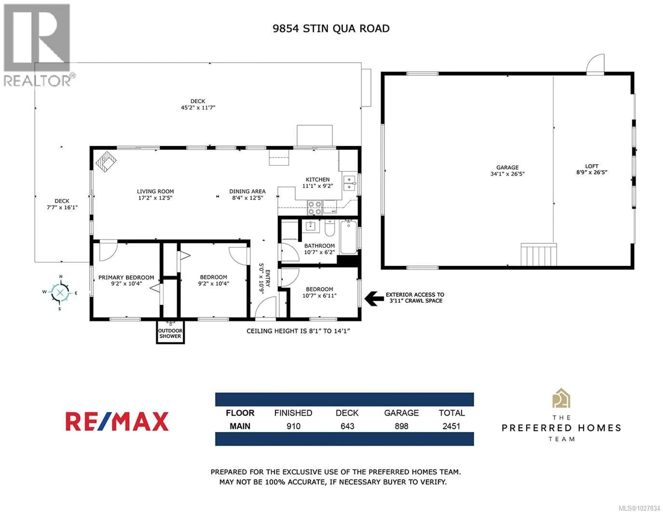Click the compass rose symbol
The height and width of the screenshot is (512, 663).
point(60,292)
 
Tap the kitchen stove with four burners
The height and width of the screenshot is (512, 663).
point(315,208)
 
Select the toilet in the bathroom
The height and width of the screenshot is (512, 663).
point(329,229)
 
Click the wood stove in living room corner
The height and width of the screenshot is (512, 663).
point(106,162)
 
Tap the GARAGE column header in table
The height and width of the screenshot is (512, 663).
point(401,413)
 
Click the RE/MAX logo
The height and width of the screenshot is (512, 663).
point(117,421)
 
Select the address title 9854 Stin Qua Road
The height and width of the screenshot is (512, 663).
point(331,28)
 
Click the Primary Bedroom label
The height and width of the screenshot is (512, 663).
point(126,277)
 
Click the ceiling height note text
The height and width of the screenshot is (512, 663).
point(298,331)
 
